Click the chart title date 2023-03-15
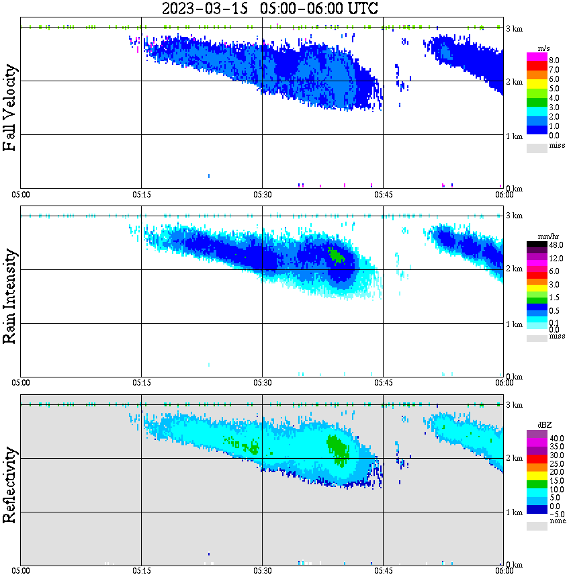(x=206, y=9)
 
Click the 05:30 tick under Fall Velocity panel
(x=263, y=195)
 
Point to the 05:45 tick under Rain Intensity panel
(x=384, y=383)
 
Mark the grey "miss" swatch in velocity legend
(x=537, y=148)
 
